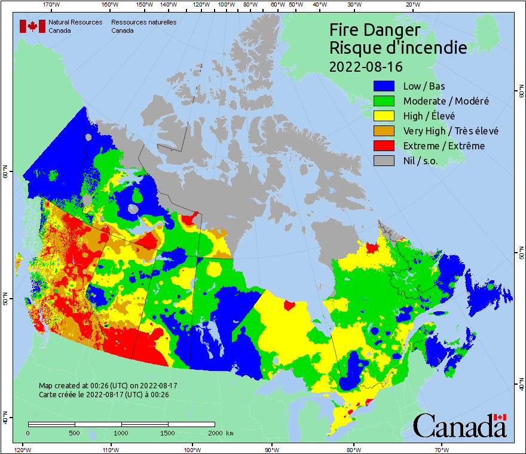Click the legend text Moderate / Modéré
click(x=446, y=101)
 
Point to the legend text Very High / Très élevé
click(x=451, y=131)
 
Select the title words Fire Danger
click(x=375, y=30)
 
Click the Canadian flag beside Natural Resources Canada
click(x=32, y=26)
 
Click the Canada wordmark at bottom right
click(x=459, y=426)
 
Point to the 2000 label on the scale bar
click(x=214, y=432)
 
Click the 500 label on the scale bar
click(x=75, y=432)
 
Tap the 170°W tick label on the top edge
click(x=51, y=5)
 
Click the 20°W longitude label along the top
click(x=411, y=5)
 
